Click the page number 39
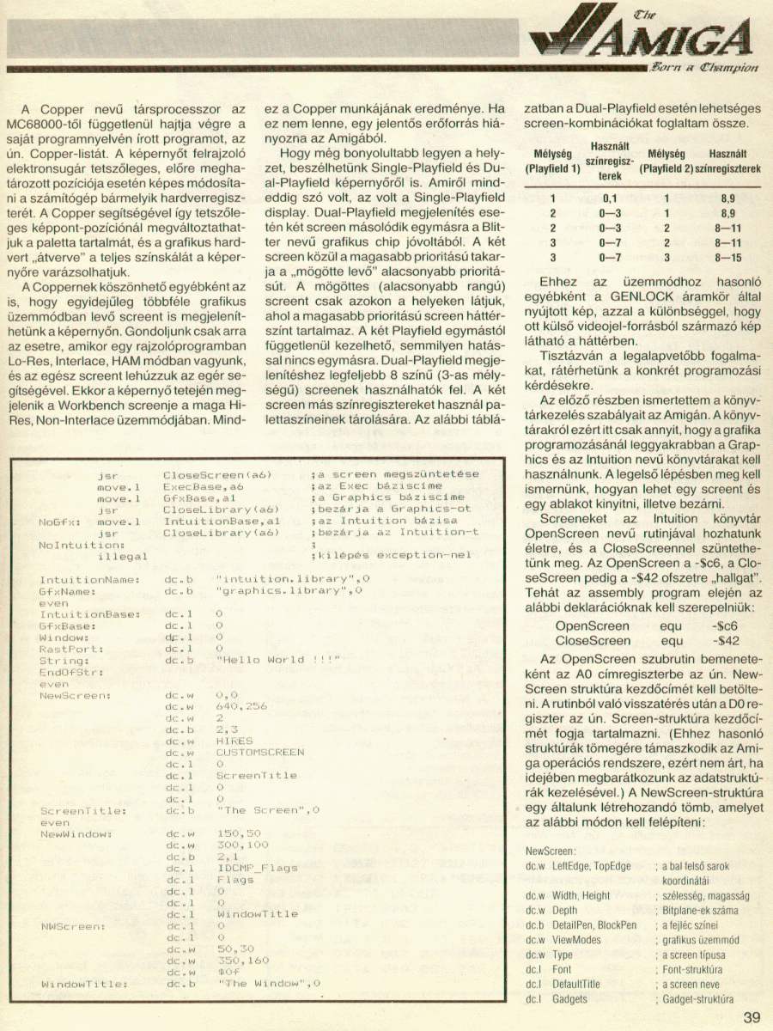click(752, 1018)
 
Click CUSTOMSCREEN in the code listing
click(261, 751)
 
